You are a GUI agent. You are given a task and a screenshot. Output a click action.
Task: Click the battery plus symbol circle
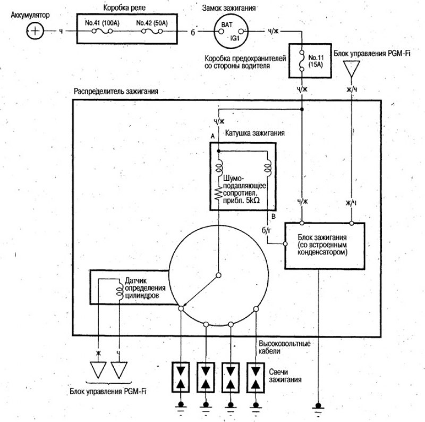tap(35, 31)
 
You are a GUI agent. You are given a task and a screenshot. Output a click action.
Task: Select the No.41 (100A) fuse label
tap(102, 23)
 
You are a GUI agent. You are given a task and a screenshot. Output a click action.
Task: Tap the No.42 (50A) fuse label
tap(152, 23)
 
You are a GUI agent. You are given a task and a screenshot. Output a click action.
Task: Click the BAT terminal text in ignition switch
tap(227, 24)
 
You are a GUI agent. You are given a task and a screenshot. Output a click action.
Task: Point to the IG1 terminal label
tap(235, 38)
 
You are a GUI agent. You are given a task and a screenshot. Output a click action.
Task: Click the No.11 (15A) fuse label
tap(316, 61)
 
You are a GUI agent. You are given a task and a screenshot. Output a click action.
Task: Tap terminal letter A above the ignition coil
tap(212, 136)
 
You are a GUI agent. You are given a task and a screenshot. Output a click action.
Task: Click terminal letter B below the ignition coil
tap(274, 216)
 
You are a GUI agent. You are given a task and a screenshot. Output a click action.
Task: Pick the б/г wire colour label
tap(266, 230)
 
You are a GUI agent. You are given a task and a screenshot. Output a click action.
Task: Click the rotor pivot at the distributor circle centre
tap(218, 275)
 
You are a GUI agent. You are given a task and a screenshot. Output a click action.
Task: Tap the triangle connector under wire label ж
tap(98, 370)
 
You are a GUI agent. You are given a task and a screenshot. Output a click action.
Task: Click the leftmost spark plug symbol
tap(181, 377)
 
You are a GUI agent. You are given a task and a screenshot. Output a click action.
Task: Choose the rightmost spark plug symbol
tap(256, 377)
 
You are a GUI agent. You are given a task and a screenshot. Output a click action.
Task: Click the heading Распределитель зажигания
tap(116, 91)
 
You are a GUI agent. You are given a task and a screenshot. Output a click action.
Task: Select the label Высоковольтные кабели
tap(284, 347)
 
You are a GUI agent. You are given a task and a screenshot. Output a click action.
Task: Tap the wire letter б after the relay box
tap(193, 32)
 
